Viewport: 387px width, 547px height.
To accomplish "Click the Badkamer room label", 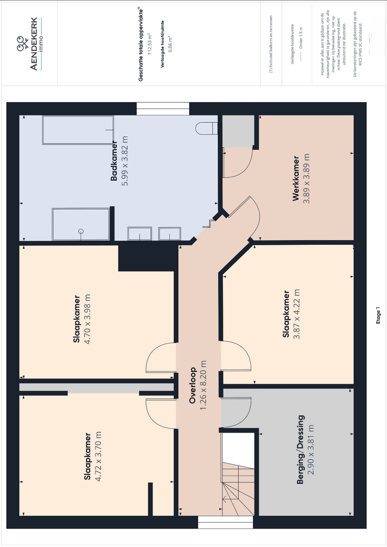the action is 114,161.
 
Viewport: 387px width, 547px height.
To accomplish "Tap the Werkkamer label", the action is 296,178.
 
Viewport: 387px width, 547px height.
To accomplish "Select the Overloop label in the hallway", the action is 192,385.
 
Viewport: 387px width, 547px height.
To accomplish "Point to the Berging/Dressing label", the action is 300,449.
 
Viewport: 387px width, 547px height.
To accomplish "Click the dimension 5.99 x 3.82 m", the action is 125,161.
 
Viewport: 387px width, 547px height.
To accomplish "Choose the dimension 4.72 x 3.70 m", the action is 98,456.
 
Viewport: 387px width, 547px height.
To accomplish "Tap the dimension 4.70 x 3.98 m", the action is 87,319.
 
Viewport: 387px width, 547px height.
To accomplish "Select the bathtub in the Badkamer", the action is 78,130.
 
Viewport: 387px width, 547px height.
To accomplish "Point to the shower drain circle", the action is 81,231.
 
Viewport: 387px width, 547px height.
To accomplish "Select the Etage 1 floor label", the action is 378,315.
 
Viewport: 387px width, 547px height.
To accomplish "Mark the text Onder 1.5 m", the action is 301,38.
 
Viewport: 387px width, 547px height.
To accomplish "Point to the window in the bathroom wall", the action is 163,109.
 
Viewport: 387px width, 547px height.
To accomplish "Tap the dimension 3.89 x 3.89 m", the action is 306,178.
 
